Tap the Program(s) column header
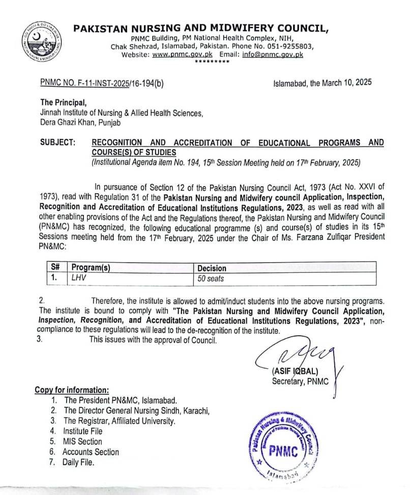(x=91, y=268)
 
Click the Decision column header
(x=212, y=268)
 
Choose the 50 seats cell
(x=211, y=279)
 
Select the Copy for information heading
(x=72, y=390)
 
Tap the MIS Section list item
(x=82, y=442)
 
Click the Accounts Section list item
(x=91, y=452)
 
